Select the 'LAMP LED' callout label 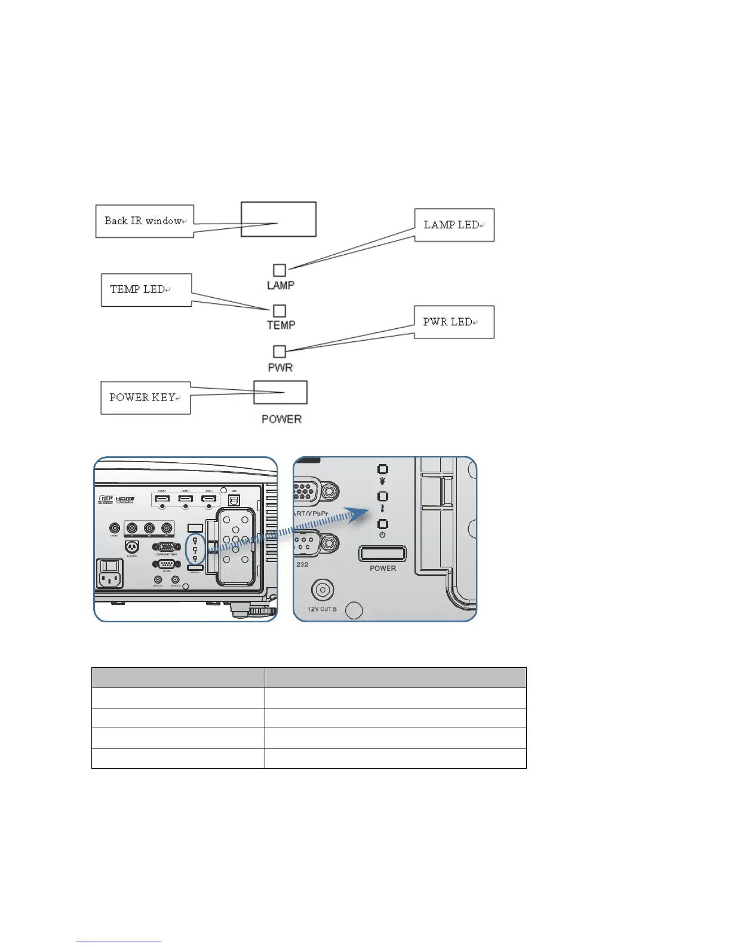[x=454, y=225]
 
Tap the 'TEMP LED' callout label [x=146, y=290]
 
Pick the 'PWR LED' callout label [x=454, y=322]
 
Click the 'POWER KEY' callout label [x=145, y=398]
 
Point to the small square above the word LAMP [x=279, y=270]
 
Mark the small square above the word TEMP [x=279, y=311]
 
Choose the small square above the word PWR [x=279, y=352]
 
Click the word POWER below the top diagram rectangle [x=281, y=419]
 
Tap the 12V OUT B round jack [x=322, y=591]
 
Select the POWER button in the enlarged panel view [x=382, y=554]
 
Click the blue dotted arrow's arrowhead [x=360, y=515]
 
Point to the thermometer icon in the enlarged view [x=382, y=509]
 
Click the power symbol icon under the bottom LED [x=382, y=534]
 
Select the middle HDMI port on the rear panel [x=185, y=499]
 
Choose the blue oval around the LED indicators [x=195, y=549]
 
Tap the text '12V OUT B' [x=322, y=609]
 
